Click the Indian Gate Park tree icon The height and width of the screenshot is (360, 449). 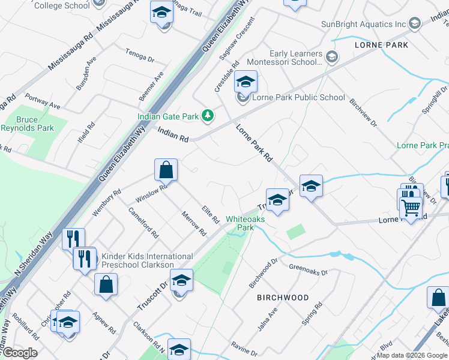pyautogui.click(x=208, y=115)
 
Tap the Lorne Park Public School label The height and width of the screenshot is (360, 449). pyautogui.click(x=298, y=97)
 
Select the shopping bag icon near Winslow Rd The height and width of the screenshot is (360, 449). pyautogui.click(x=166, y=170)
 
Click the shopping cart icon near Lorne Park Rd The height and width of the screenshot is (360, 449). pyautogui.click(x=411, y=208)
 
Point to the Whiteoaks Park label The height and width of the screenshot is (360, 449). pyautogui.click(x=245, y=223)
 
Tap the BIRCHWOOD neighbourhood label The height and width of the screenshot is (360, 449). pyautogui.click(x=283, y=298)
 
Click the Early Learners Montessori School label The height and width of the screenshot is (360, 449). pyautogui.click(x=297, y=58)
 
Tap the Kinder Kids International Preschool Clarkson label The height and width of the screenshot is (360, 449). pyautogui.click(x=147, y=260)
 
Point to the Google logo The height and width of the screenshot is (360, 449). pyautogui.click(x=19, y=353)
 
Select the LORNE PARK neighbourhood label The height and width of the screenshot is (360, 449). pyautogui.click(x=381, y=45)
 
